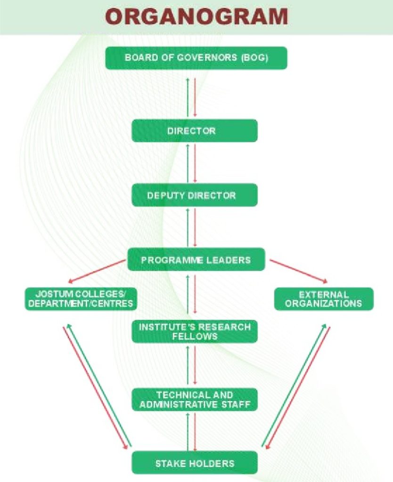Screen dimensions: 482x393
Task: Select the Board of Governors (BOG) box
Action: [x=196, y=58]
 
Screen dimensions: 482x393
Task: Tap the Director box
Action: [x=194, y=130]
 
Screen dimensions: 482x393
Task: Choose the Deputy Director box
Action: [x=194, y=195]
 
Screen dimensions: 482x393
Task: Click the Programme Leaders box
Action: [x=196, y=259]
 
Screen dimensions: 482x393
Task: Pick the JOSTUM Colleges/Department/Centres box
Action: [x=81, y=299]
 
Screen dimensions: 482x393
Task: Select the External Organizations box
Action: [x=324, y=299]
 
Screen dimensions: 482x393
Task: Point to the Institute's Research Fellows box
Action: [x=194, y=331]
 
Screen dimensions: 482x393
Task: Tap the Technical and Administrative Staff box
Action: [x=194, y=400]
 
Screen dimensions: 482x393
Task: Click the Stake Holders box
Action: [x=194, y=463]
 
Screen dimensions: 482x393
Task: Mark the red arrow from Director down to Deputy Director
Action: [x=195, y=162]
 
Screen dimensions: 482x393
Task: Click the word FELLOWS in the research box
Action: [x=195, y=337]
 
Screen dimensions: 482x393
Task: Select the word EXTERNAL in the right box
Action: [x=324, y=295]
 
